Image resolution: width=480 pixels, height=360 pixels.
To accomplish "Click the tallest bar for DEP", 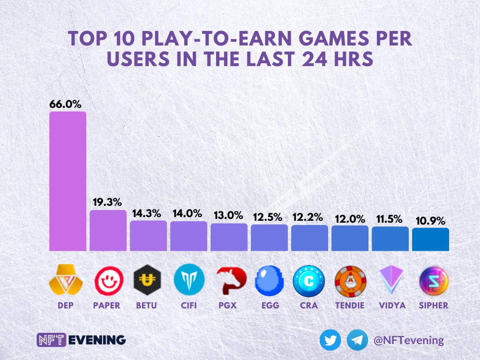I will point(67,181).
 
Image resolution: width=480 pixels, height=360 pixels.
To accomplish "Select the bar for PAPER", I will point(108,230).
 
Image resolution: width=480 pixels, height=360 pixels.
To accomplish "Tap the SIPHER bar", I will point(430,239).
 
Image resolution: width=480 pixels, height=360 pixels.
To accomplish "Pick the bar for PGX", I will point(229,237).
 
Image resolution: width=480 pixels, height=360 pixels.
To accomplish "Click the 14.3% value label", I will point(148,213).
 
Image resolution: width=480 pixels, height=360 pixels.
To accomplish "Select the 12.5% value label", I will point(269,217).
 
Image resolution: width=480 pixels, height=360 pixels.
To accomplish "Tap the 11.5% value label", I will point(390,219).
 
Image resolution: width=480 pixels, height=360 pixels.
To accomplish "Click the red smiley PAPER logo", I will point(108,281).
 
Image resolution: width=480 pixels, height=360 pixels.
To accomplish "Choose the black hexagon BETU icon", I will point(148,281).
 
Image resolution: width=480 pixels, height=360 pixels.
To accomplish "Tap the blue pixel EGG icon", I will point(269,281).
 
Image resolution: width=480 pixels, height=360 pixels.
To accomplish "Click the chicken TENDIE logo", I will point(350,281).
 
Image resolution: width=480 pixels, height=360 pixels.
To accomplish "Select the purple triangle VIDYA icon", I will point(390,281).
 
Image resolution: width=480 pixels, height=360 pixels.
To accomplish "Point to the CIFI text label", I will point(188,305).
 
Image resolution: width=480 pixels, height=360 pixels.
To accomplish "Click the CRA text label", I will point(309,305).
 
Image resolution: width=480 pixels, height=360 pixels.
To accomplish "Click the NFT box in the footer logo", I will point(51,340).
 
